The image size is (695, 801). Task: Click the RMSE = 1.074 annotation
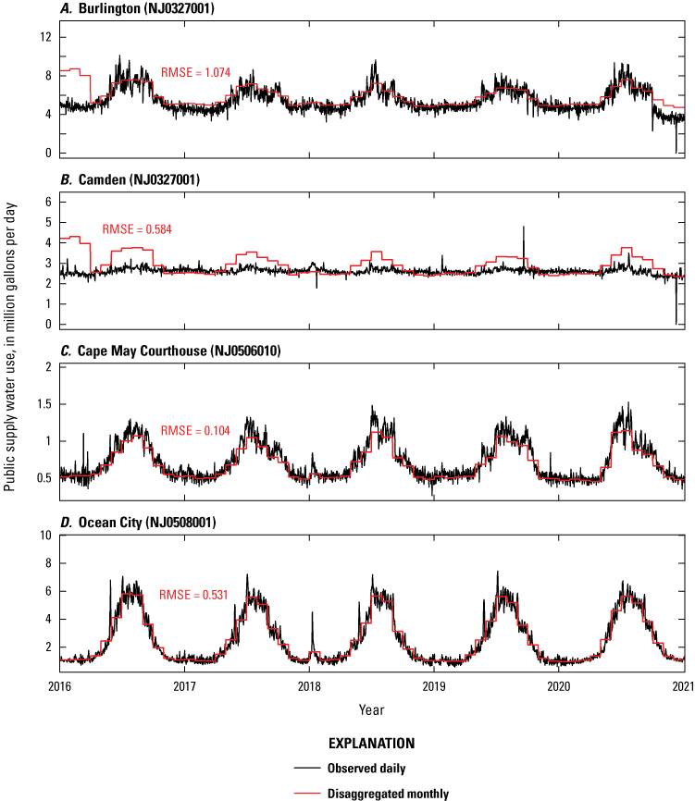195,72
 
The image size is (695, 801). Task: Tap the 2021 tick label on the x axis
683,686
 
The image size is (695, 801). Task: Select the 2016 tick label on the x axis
60,686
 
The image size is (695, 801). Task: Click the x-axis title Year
371,709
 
